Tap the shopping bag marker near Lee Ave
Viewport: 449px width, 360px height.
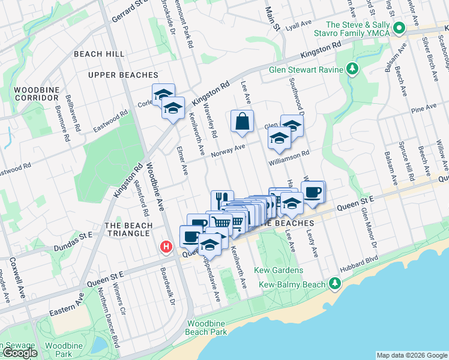click(x=242, y=122)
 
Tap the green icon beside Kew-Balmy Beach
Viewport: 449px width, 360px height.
click(x=334, y=283)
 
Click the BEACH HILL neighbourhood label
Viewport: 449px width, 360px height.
click(x=99, y=54)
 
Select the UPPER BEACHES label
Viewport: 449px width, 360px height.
click(x=122, y=75)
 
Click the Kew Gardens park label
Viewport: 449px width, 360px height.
click(x=279, y=271)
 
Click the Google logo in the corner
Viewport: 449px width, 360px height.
click(x=19, y=353)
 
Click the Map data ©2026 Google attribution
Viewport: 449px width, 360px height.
click(x=411, y=355)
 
